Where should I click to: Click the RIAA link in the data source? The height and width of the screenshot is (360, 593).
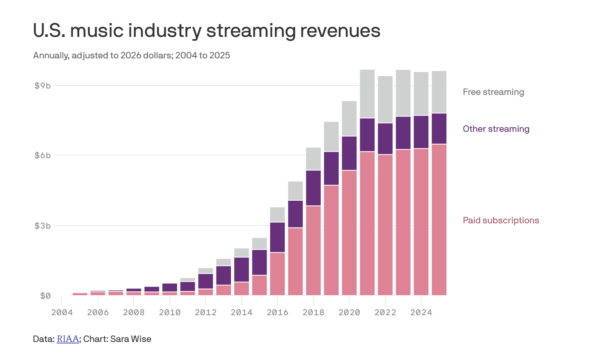coord(68,339)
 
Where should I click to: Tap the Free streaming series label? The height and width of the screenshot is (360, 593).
coord(493,92)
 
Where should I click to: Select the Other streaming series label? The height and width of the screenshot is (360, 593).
coord(496,129)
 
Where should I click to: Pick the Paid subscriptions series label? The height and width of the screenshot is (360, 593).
coord(501,221)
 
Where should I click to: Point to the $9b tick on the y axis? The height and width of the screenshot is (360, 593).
coord(43,86)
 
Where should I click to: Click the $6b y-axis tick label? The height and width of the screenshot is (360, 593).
coord(43,156)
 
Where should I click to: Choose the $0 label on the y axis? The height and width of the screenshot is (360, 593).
coord(45,296)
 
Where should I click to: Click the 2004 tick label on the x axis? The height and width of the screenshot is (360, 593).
coord(62,313)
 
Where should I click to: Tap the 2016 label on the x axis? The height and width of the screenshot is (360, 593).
coord(277,313)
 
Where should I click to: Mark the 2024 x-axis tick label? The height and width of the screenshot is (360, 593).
coord(421,313)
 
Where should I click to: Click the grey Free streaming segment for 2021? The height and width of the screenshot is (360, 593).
coord(367,94)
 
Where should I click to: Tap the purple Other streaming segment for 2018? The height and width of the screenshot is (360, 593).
coord(313,188)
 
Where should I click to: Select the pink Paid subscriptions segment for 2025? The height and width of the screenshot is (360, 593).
coord(439,220)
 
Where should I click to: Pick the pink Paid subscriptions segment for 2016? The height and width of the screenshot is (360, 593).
coord(278,274)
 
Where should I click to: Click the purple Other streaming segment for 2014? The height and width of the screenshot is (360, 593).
coord(241,269)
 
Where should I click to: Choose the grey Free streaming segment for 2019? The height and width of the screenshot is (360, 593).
coord(331,136)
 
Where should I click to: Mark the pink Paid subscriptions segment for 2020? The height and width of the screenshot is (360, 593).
coord(349,233)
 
